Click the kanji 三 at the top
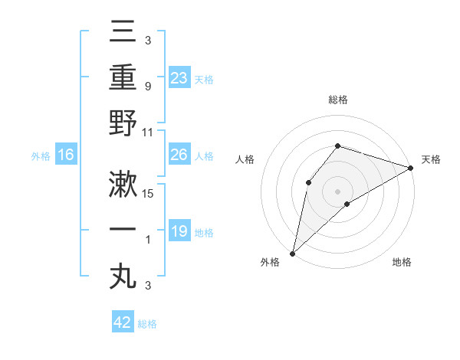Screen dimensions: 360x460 coord(123,32)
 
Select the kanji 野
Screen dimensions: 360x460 coord(123,124)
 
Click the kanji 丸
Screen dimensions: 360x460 coord(123,276)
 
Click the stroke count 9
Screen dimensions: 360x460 coord(147,87)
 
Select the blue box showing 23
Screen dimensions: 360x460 coord(179,77)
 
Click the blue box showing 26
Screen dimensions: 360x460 coord(179,155)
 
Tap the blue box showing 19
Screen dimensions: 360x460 coord(179,231)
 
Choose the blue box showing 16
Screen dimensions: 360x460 coord(66,155)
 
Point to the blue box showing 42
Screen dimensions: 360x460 coord(123,322)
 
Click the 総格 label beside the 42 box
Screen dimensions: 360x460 coord(147,324)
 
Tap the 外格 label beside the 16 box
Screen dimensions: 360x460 coord(41,156)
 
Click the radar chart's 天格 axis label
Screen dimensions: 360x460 coord(431,159)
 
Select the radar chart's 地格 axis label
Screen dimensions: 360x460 coord(402,262)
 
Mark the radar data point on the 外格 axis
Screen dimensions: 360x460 coord(292,254)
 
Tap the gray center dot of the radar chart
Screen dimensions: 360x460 coord(337,191)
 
